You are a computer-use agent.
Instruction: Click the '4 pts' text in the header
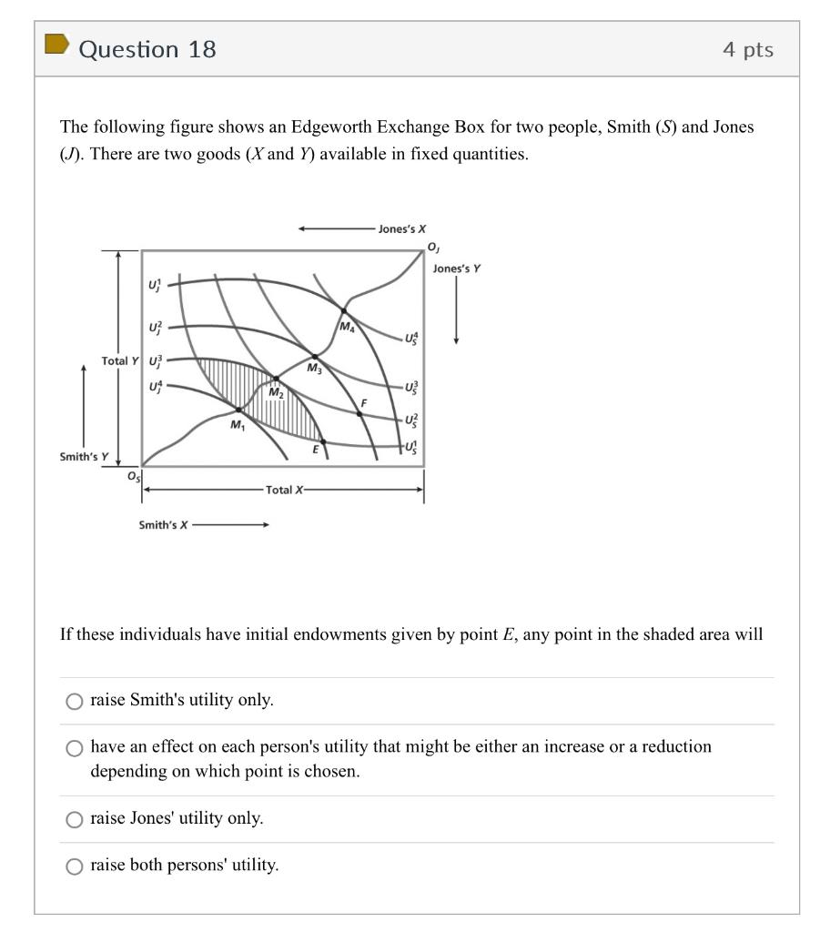[x=748, y=49]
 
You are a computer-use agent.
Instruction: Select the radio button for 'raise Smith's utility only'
[x=74, y=701]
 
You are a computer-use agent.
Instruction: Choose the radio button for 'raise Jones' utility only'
[x=74, y=819]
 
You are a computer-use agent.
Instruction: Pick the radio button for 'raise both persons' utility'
[x=74, y=866]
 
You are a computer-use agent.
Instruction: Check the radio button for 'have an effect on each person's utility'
[x=74, y=748]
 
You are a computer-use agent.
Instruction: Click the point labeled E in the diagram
[x=322, y=441]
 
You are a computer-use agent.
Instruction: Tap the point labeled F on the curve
[x=359, y=413]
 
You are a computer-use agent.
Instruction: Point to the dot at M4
[x=343, y=311]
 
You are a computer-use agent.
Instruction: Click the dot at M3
[x=315, y=357]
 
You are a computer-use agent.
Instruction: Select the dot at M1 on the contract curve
[x=239, y=410]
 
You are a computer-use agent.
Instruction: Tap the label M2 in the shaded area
[x=276, y=392]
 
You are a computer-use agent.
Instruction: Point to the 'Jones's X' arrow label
[x=402, y=229]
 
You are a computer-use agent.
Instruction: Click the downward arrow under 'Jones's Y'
[x=456, y=310]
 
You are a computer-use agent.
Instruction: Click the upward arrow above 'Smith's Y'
[x=84, y=401]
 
